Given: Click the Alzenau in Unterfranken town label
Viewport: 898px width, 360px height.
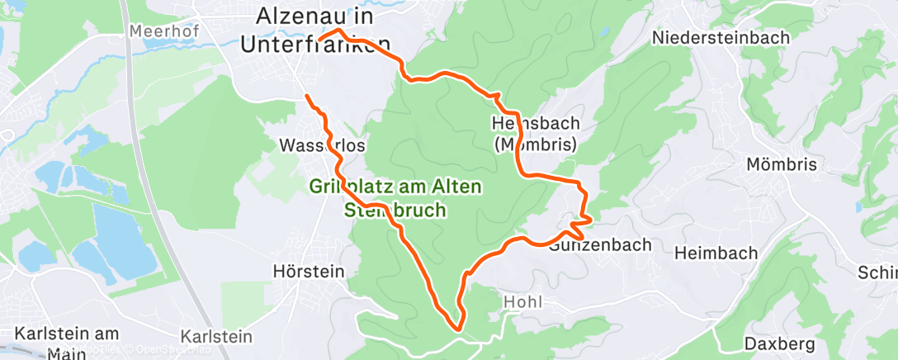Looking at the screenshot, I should tap(314, 30).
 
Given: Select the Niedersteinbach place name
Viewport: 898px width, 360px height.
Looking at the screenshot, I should tap(721, 37).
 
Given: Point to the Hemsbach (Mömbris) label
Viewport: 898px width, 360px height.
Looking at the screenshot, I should tap(536, 133).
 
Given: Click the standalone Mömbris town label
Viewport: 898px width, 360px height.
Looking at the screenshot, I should tap(781, 164).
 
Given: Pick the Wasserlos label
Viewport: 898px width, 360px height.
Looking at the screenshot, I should tap(323, 145).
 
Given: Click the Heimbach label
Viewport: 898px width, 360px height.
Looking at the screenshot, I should tap(715, 253).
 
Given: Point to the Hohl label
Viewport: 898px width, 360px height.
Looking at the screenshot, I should tap(522, 302).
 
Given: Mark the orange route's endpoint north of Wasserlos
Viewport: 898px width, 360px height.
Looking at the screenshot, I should tap(308, 97).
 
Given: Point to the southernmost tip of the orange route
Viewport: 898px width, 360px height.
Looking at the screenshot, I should tap(456, 329).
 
